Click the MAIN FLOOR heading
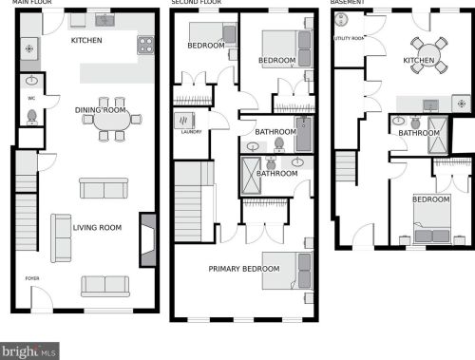click(25, 4)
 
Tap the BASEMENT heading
click(348, 4)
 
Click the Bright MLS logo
click(29, 351)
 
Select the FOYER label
click(32, 278)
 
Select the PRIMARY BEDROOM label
click(244, 269)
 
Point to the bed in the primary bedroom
click(286, 269)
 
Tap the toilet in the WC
click(30, 116)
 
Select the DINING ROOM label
click(100, 110)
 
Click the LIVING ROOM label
click(98, 228)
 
